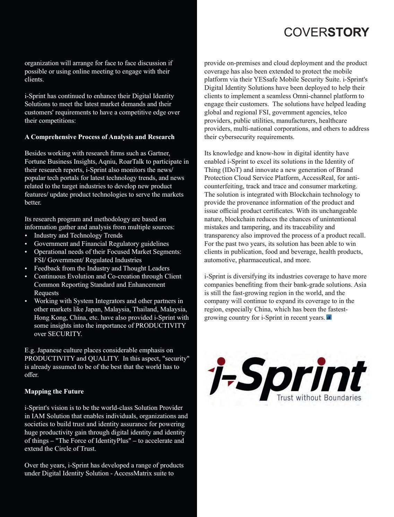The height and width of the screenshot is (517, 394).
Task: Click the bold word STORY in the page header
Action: click(x=348, y=32)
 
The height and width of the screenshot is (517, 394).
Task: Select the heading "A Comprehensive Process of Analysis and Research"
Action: click(x=100, y=137)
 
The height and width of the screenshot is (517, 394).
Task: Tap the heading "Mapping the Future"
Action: click(x=54, y=391)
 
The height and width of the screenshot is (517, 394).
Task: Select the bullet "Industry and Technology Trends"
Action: click(x=78, y=235)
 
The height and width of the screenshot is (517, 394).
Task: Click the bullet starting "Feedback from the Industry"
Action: click(x=102, y=268)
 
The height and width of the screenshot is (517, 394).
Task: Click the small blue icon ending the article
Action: click(x=329, y=317)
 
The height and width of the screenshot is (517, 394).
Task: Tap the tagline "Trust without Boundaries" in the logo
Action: click(x=319, y=398)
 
